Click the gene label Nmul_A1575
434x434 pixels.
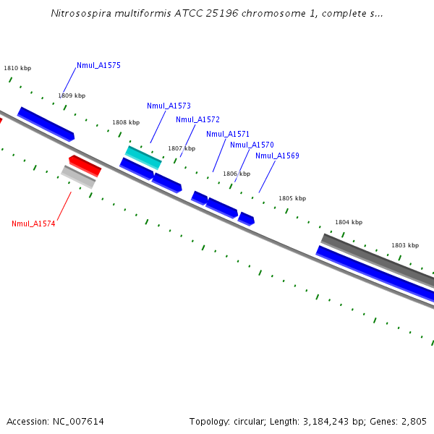click(98, 65)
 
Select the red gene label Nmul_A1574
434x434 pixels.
click(33, 224)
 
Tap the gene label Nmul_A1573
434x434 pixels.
click(169, 106)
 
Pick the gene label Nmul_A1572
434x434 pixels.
click(197, 119)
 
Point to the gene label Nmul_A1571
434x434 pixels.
click(228, 134)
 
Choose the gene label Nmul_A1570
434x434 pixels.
click(252, 145)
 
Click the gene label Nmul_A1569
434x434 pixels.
click(277, 156)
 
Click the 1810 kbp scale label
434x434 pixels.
click(17, 68)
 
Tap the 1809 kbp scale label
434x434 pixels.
click(72, 95)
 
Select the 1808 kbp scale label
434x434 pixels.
click(126, 122)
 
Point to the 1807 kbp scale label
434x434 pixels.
click(182, 148)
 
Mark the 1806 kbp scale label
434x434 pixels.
click(237, 174)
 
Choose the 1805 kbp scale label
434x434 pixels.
click(292, 198)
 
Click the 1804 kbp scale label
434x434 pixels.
click(349, 222)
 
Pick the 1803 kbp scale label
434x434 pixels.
click(405, 245)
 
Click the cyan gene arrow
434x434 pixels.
click(143, 157)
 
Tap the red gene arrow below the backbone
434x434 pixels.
click(85, 166)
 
